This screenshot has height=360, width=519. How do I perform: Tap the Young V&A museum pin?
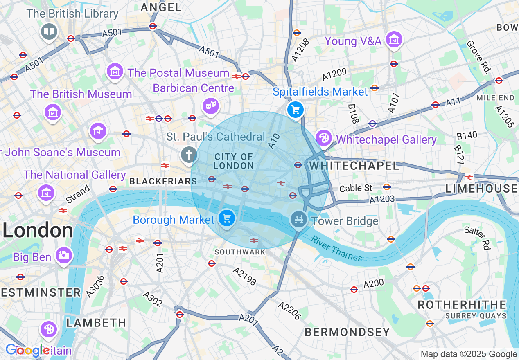tap(394, 40)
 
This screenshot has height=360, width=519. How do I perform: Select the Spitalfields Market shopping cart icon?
tap(295, 110)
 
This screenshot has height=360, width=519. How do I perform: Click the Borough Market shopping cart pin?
tap(227, 218)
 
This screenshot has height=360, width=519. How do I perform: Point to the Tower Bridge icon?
tap(299, 220)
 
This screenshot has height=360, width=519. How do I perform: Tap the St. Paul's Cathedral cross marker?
tap(189, 155)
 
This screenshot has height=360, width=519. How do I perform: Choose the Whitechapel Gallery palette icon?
tap(324, 138)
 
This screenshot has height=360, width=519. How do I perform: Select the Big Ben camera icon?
tap(63, 255)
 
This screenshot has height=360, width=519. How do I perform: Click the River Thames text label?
tap(336, 248)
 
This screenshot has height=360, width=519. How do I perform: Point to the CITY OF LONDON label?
tap(234, 161)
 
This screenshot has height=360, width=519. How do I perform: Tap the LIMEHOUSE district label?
tap(481, 189)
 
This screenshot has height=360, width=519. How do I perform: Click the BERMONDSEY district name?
tap(347, 332)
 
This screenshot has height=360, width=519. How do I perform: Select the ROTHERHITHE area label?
tap(461, 305)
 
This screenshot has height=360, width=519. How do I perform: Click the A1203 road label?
tap(382, 199)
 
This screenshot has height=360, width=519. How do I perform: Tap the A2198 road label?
tap(244, 276)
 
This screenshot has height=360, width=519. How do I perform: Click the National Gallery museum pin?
tap(46, 192)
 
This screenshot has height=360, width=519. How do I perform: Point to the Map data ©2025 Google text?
tap(469, 354)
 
